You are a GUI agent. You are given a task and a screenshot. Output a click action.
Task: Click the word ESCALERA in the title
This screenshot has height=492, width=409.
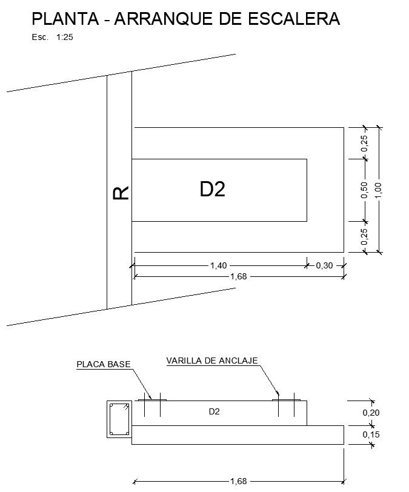[x=294, y=19]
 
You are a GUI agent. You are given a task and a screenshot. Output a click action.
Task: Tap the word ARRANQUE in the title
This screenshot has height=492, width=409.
[x=164, y=19]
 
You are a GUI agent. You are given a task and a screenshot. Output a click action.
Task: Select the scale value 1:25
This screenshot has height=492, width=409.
[x=65, y=37]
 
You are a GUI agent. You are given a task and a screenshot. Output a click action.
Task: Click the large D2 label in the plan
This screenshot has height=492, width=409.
[x=213, y=189]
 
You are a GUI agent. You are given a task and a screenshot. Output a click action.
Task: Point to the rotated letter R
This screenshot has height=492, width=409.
[x=121, y=193]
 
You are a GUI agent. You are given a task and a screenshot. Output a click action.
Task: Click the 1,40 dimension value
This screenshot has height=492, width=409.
[x=219, y=265]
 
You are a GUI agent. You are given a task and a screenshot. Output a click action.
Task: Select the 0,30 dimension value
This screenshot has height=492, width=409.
[x=324, y=265]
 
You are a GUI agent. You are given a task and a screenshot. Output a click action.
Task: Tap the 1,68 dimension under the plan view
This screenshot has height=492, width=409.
[x=239, y=276]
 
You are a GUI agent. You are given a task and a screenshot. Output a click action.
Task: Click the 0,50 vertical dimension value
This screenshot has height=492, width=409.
[x=364, y=190]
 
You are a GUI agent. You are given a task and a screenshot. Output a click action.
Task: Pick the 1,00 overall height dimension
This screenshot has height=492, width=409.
[x=378, y=190]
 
